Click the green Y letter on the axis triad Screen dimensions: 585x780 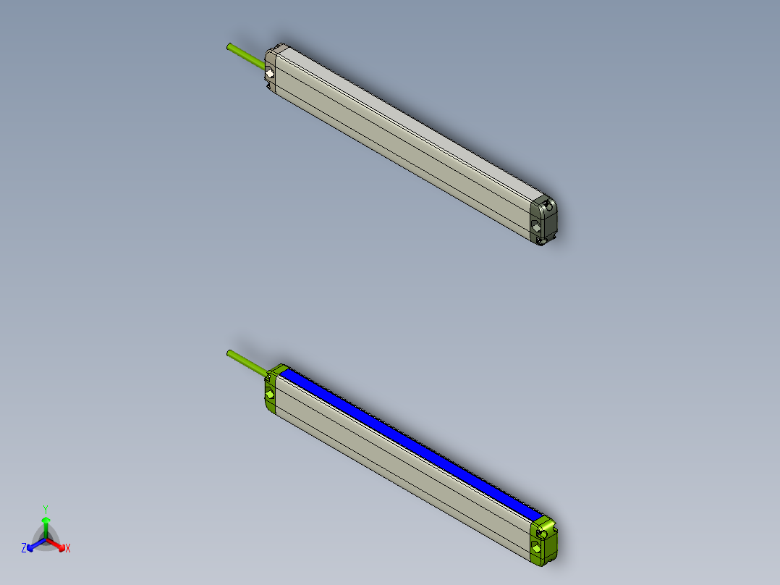click(x=46, y=508)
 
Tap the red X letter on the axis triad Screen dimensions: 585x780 click(x=68, y=549)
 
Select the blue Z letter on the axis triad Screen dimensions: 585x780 click(x=24, y=548)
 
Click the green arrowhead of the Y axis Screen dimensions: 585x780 click(x=46, y=519)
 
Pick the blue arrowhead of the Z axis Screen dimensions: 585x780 click(x=32, y=546)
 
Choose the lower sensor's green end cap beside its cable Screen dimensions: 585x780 click(x=271, y=391)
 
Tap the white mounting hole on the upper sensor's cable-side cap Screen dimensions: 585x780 click(x=269, y=74)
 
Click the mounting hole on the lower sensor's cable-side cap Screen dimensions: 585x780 click(x=270, y=395)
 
